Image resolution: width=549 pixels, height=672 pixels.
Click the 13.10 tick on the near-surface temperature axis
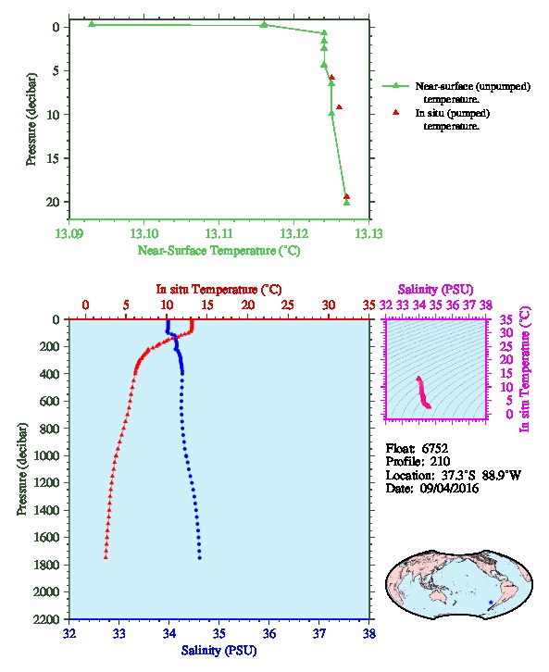coord(144,234)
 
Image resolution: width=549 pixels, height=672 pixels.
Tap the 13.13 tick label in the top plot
coord(369,234)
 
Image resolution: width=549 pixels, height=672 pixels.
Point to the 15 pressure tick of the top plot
coord(52,158)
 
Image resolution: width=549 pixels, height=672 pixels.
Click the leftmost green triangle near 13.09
coord(92,24)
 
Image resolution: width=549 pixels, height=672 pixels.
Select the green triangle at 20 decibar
coord(347,203)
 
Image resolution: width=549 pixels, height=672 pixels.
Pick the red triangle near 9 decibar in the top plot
coord(339,107)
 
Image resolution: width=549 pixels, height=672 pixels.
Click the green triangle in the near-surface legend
coord(395,86)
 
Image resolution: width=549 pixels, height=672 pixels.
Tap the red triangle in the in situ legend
coord(395,112)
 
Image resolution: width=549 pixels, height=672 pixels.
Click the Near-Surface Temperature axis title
coord(218,251)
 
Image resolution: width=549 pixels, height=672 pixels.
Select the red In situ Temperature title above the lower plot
coord(218,290)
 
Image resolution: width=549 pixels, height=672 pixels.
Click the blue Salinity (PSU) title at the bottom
coord(218,651)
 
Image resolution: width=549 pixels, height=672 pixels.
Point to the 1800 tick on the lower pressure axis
coord(47,565)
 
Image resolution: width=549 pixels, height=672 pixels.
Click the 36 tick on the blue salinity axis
coord(269,634)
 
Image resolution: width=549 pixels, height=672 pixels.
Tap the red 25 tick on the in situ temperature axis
coord(288,305)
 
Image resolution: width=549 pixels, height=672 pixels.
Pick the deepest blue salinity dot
coord(199,558)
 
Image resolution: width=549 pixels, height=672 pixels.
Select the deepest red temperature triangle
coord(106,557)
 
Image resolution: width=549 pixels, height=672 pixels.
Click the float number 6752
coord(434,449)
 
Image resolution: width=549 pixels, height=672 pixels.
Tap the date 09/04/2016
coord(449,489)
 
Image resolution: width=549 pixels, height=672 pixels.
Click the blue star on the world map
coord(491,603)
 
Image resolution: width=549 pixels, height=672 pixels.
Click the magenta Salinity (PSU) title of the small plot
coord(435,290)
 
